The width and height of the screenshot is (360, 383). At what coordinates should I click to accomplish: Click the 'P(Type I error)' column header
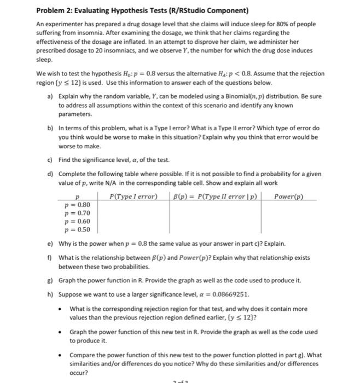(133, 196)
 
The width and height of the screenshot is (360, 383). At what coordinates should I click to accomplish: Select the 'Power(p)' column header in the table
(288, 196)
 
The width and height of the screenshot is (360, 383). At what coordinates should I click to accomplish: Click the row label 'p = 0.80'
(77, 205)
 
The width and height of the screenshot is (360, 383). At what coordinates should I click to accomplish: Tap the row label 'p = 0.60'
(77, 222)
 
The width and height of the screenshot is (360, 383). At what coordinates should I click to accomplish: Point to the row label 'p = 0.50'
(77, 230)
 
